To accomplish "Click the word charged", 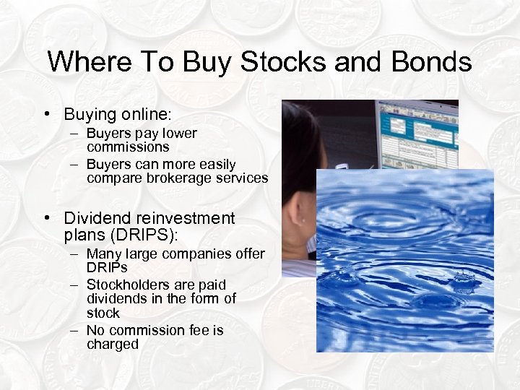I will click(113, 344).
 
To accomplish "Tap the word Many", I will click(103, 254).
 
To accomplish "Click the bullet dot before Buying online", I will click(46, 115).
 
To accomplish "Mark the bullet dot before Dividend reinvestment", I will click(46, 218).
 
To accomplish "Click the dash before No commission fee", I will click(74, 330).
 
